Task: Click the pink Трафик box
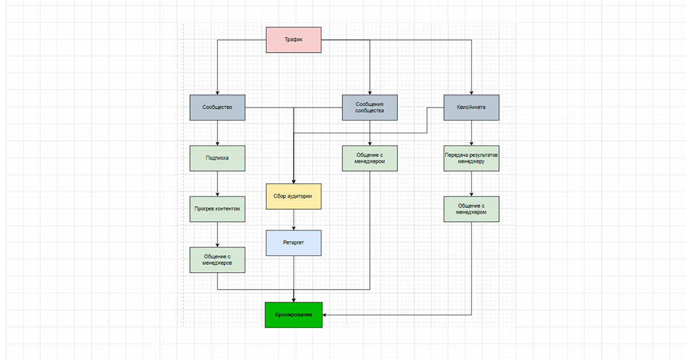(x=293, y=40)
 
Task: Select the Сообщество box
(x=217, y=107)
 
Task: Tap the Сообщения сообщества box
(x=370, y=107)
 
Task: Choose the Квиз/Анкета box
(x=471, y=107)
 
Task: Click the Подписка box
(x=217, y=158)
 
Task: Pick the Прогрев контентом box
(x=217, y=209)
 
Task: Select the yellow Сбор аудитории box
(x=293, y=197)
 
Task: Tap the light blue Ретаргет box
(x=293, y=243)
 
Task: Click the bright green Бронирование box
(x=293, y=315)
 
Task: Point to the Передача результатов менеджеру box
(x=471, y=158)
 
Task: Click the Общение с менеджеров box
(x=217, y=260)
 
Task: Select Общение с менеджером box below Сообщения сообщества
(x=370, y=158)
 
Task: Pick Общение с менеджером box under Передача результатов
(x=471, y=209)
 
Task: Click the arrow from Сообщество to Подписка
(x=217, y=133)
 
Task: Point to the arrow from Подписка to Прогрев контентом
(x=217, y=183)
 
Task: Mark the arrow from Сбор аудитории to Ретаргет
(x=293, y=220)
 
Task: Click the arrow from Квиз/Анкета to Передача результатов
(x=471, y=133)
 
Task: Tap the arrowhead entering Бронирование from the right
(x=324, y=315)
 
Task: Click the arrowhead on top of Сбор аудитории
(x=293, y=182)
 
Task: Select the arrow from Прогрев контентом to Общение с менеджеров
(x=217, y=234)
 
